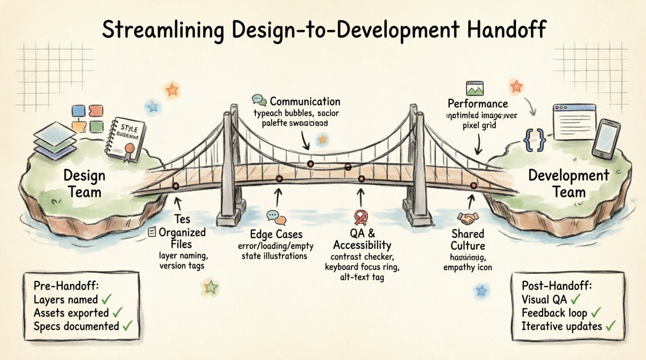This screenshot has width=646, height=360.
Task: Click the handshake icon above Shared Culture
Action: point(468,218)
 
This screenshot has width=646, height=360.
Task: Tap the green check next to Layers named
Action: point(106,299)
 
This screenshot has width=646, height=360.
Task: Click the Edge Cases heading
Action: point(276,234)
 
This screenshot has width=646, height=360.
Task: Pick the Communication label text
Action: point(305,102)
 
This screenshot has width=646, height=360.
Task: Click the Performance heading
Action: point(478,104)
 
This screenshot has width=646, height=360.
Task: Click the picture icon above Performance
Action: point(475,88)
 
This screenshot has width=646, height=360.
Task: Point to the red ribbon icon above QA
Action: point(361,218)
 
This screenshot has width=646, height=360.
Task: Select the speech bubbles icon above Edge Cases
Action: point(276,218)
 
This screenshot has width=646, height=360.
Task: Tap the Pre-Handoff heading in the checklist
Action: point(66,286)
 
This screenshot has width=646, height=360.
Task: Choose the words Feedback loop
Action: point(554,313)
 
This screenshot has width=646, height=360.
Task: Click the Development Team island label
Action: point(569,183)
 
